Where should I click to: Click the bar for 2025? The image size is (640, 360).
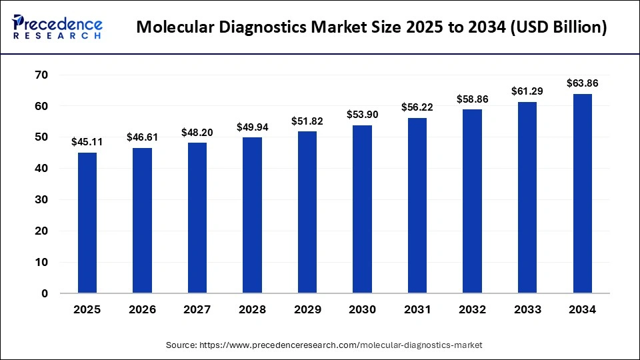coord(87,223)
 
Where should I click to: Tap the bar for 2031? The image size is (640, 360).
coord(417,205)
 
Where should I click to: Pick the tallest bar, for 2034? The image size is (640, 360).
coord(582,193)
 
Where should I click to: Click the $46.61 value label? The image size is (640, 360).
coord(142,137)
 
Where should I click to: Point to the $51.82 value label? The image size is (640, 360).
coord(307,121)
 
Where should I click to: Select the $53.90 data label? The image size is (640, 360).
coord(362,115)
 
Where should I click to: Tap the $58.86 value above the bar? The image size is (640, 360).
coord(472,99)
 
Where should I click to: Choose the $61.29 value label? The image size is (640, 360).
coord(527,91)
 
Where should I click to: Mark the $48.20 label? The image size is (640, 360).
coord(197,132)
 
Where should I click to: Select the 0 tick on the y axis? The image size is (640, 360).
coord(44,293)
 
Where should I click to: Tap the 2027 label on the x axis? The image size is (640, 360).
coord(197,309)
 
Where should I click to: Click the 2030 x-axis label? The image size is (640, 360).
coord(362,309)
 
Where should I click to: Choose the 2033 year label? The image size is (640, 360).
coord(527,309)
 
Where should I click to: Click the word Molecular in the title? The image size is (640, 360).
coord(175,28)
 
